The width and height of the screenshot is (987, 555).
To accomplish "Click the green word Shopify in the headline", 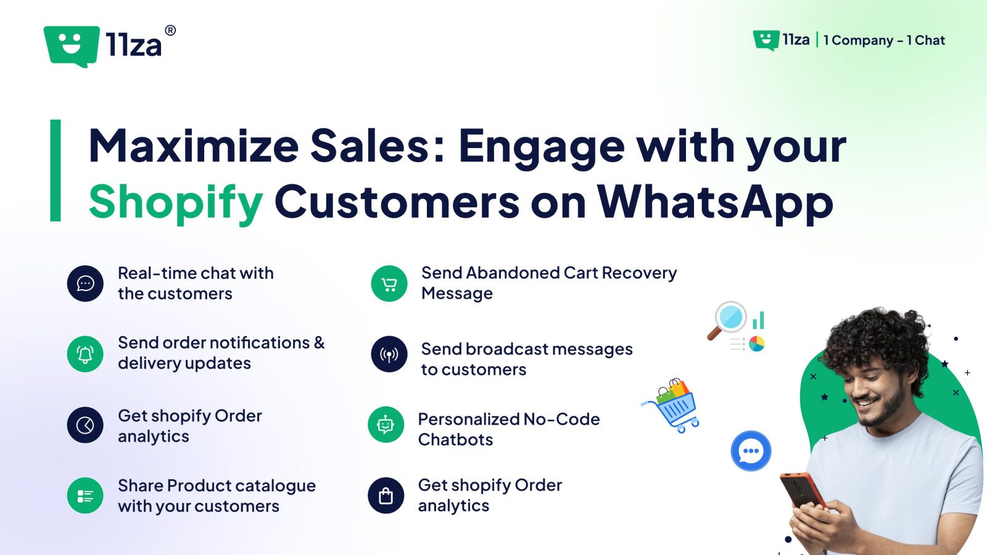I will click(176, 202).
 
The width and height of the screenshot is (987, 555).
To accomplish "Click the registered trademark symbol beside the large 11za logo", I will click(170, 30).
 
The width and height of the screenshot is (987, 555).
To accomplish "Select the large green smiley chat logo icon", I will click(72, 46).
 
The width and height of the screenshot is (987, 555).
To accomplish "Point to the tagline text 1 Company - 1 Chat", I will click(884, 41).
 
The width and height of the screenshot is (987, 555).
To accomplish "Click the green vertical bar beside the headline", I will click(56, 170).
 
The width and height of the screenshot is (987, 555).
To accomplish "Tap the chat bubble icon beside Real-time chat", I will click(85, 284).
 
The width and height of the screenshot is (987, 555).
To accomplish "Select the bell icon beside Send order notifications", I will click(85, 354).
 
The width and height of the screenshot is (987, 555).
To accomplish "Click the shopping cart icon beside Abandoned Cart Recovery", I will click(389, 284).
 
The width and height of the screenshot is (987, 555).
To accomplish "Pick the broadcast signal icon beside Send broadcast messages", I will click(389, 354).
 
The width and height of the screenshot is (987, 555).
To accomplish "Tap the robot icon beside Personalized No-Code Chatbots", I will click(386, 425).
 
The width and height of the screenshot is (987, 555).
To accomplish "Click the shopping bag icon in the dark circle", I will click(386, 495).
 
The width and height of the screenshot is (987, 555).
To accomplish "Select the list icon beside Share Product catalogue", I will click(85, 495).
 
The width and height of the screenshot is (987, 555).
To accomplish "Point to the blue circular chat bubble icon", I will click(751, 451).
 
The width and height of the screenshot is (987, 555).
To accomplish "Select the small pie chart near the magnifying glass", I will click(757, 343).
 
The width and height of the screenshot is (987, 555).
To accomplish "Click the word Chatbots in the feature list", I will click(455, 440).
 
